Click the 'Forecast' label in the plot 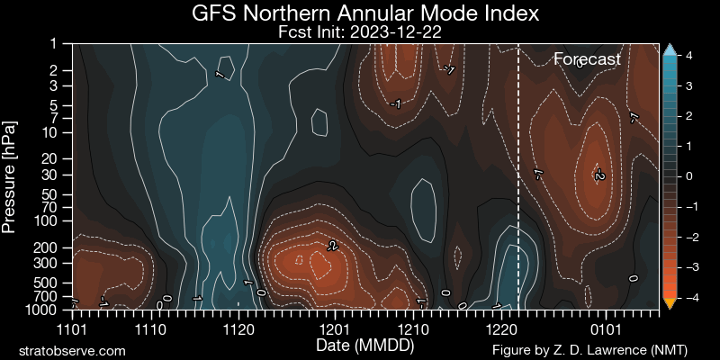587,59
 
